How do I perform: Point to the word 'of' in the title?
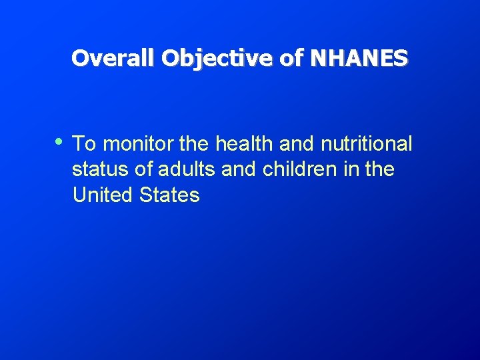(291, 59)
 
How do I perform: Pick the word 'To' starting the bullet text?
(83, 144)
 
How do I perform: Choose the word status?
(101, 170)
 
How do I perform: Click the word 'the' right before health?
(195, 144)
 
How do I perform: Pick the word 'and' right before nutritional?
(297, 144)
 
